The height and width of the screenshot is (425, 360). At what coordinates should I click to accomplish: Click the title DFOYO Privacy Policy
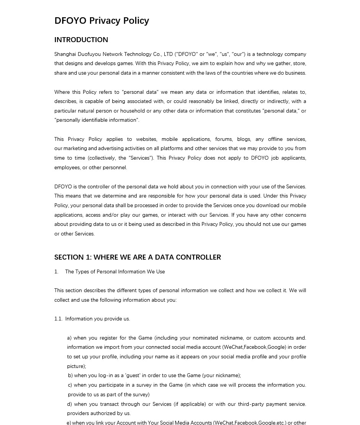pyautogui.click(x=101, y=21)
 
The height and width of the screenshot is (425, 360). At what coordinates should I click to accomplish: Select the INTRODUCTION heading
pyautogui.click(x=81, y=40)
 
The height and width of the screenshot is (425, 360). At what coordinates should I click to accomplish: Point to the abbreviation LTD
pyautogui.click(x=168, y=54)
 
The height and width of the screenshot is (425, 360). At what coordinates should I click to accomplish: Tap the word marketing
pyautogui.click(x=75, y=149)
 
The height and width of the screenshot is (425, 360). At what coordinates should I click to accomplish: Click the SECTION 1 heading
pyautogui.click(x=137, y=257)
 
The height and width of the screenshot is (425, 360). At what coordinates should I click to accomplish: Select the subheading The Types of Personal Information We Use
pyautogui.click(x=115, y=272)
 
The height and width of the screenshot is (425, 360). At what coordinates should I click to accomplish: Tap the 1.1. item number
pyautogui.click(x=58, y=319)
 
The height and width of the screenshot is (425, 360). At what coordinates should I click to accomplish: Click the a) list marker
pyautogui.click(x=69, y=338)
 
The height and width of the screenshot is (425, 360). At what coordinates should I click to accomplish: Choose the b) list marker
pyautogui.click(x=70, y=376)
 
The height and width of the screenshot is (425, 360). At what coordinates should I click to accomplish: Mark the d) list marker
pyautogui.click(x=69, y=404)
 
